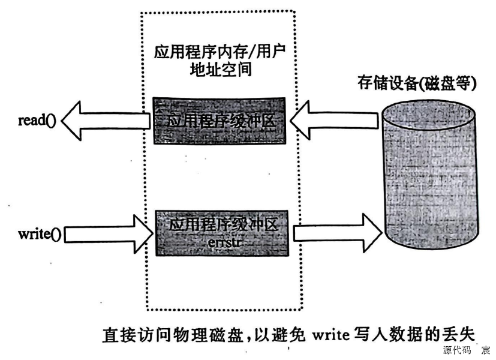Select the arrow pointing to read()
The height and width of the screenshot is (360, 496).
pos(105,121)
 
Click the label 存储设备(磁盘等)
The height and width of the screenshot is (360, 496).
pos(423,84)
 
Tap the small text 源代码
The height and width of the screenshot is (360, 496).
pos(455,350)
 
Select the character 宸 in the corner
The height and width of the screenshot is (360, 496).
pos(485,350)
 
